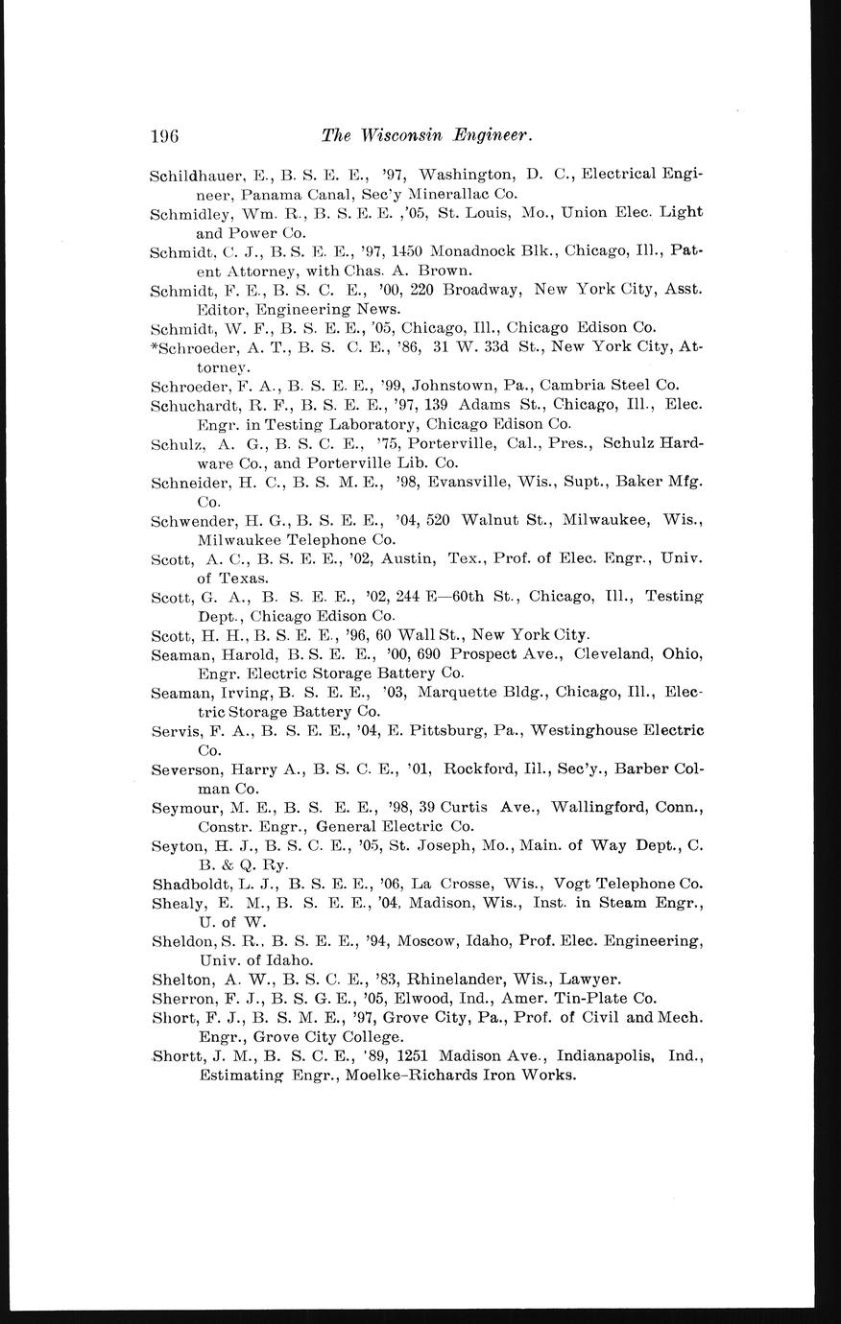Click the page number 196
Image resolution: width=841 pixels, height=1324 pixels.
[165, 136]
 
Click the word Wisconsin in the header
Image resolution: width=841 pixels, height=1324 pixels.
[403, 136]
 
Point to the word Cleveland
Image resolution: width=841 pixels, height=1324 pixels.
[613, 653]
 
